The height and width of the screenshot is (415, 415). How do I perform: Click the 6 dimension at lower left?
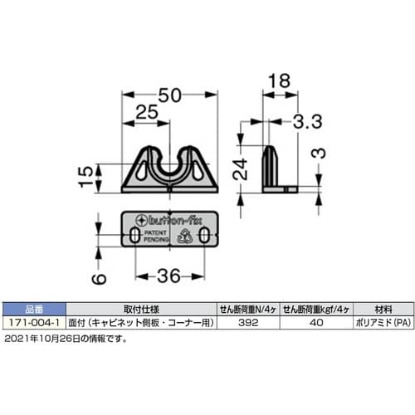click(x=96, y=280)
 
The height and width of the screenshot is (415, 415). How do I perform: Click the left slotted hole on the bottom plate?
click(x=134, y=237)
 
